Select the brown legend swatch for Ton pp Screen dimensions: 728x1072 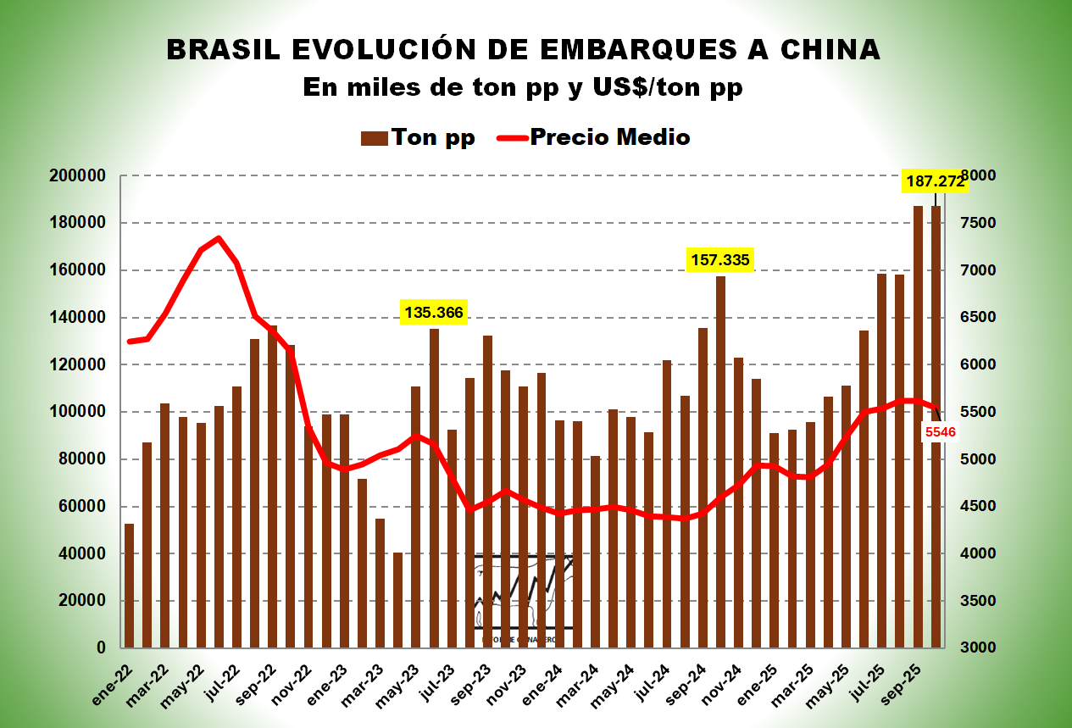point(375,137)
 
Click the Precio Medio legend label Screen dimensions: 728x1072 point(609,137)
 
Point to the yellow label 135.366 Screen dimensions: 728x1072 point(434,313)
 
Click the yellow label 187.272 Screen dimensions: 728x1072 point(935,181)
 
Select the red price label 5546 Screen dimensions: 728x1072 point(941,432)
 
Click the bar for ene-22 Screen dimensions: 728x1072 point(129,586)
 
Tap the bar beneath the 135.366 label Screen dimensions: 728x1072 point(434,488)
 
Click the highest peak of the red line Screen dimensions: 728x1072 point(219,238)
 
